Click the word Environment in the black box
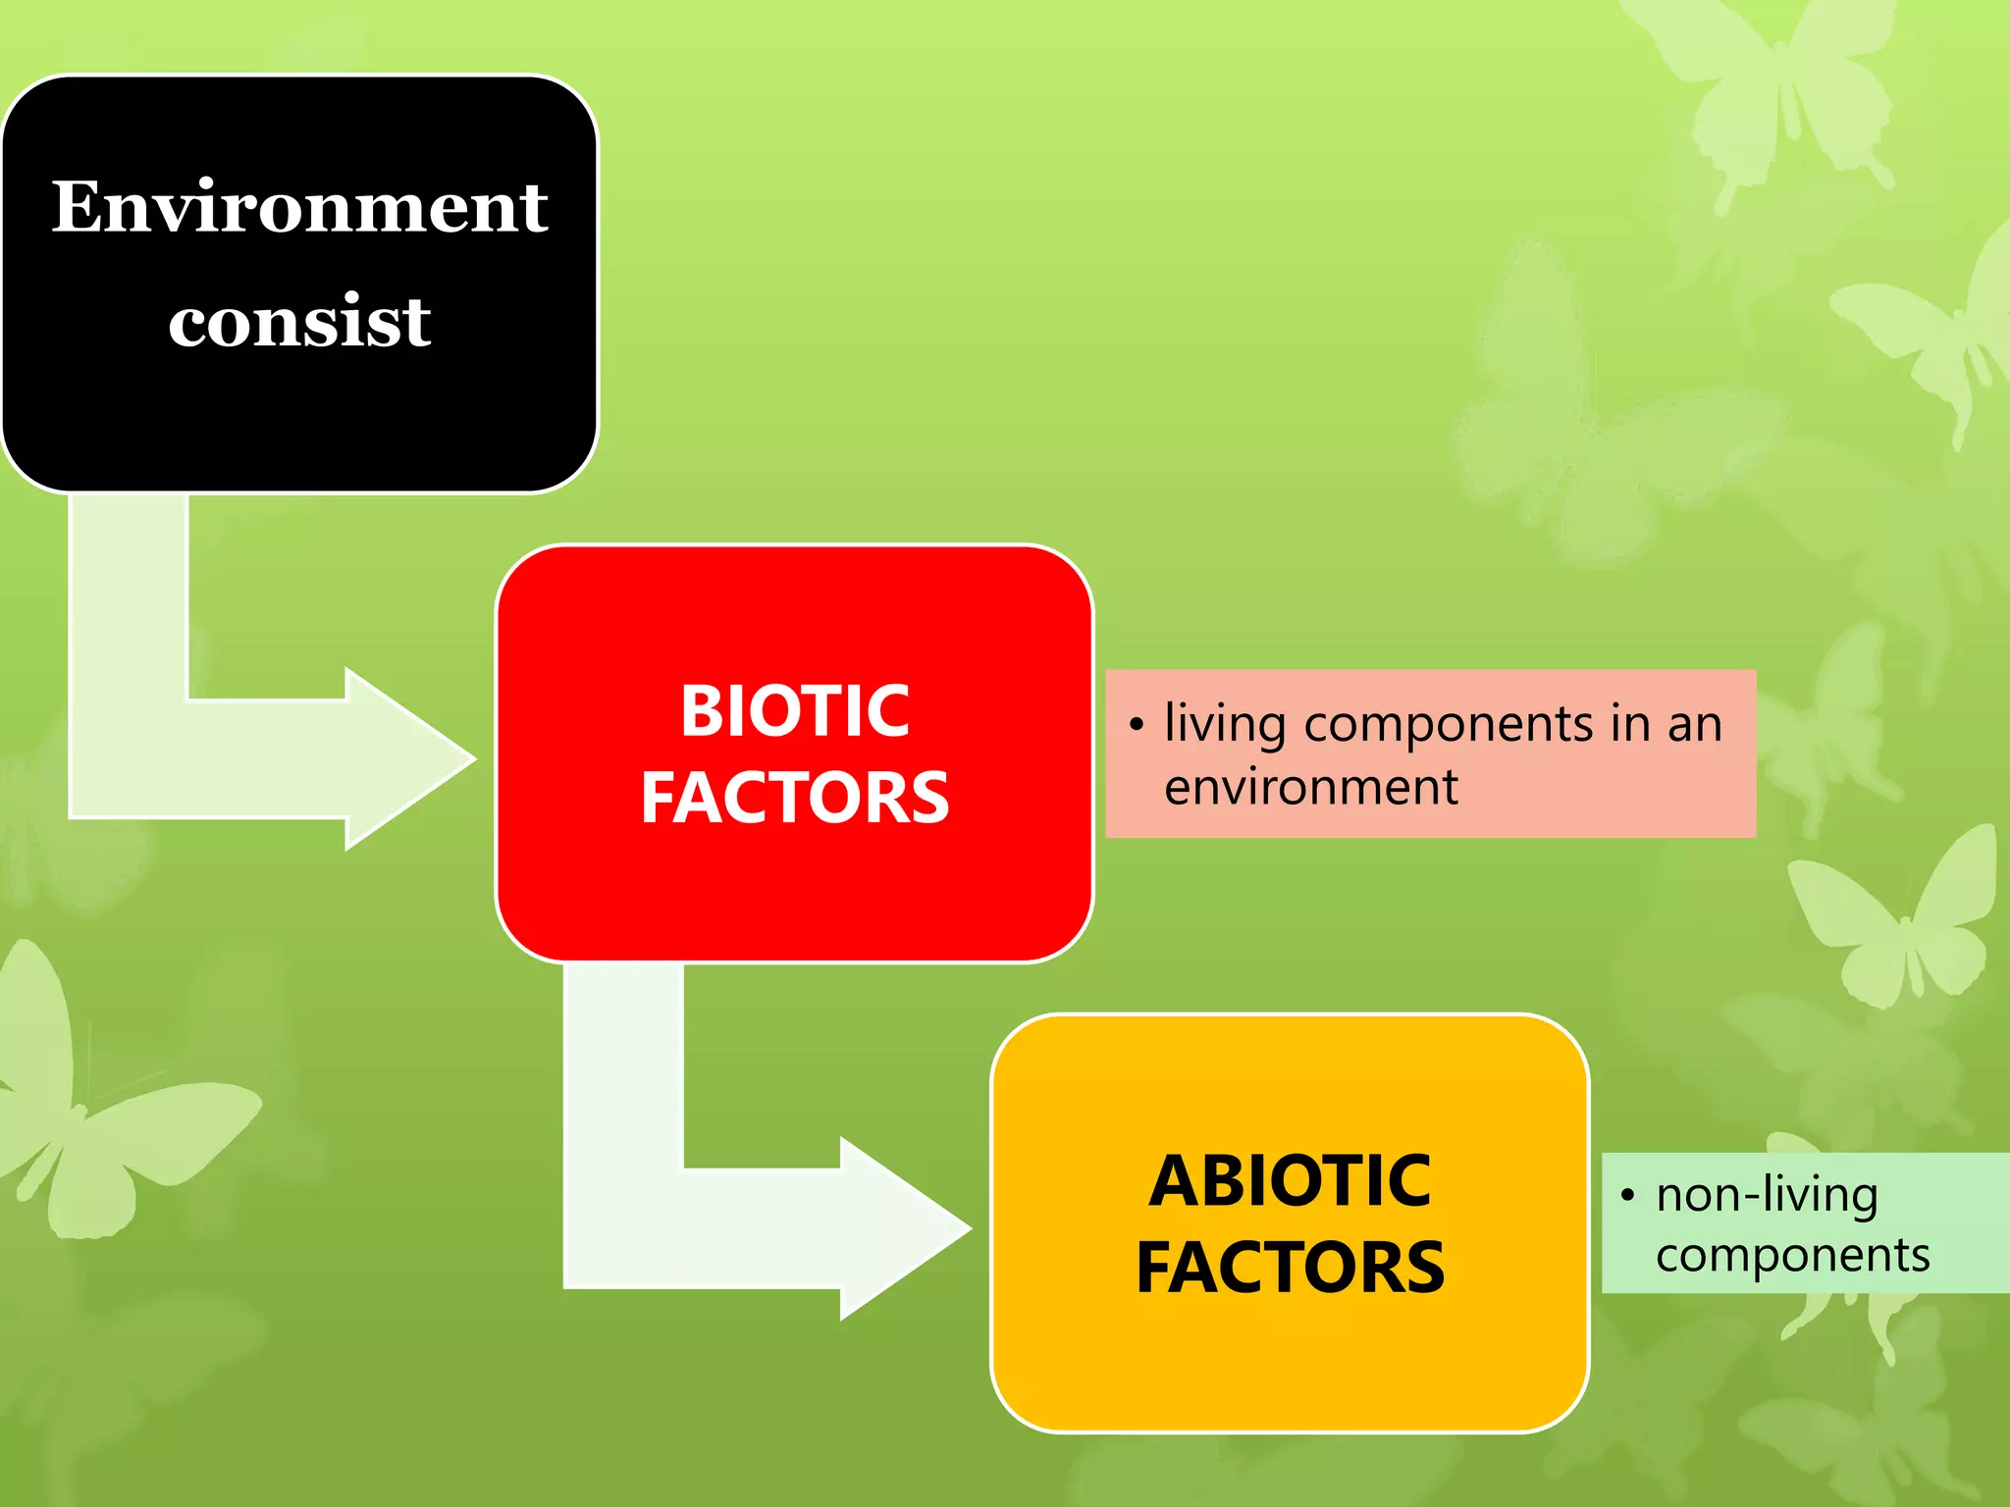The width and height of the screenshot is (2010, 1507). tap(299, 207)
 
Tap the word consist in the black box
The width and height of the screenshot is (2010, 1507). tap(299, 321)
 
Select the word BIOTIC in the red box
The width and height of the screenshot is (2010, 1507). tap(795, 710)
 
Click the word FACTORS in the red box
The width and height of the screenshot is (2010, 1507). tap(795, 797)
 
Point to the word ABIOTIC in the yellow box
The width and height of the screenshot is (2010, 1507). tap(1290, 1180)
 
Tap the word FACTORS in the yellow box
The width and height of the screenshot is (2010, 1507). tap(1290, 1267)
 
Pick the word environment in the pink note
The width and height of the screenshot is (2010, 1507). tap(1311, 787)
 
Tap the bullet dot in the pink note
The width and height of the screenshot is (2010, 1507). tap(1137, 725)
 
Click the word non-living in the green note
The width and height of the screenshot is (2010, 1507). tap(1767, 1195)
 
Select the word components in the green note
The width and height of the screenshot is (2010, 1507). tap(1792, 1255)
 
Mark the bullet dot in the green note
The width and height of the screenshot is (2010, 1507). tap(1627, 1195)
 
